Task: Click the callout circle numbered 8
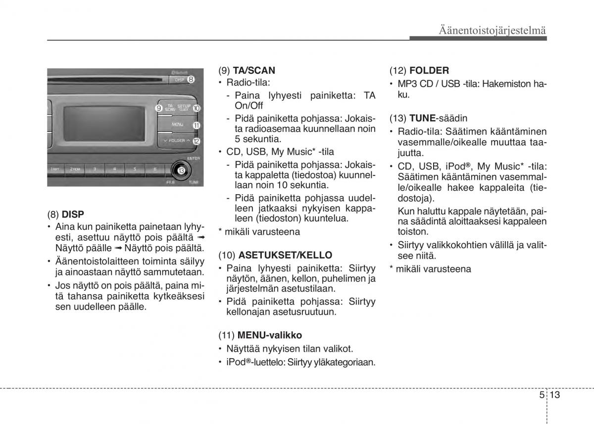click(191, 79)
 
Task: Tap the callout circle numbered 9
click(159, 107)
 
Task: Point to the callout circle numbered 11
click(196, 125)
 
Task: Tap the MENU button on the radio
click(177, 125)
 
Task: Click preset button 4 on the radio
click(114, 169)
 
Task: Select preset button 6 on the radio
click(154, 169)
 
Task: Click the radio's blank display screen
click(102, 123)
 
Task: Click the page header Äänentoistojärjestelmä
click(492, 31)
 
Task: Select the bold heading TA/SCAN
click(254, 71)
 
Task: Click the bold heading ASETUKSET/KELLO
click(285, 255)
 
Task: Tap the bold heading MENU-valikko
click(269, 335)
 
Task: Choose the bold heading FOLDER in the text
click(429, 71)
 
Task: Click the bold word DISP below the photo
click(73, 214)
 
